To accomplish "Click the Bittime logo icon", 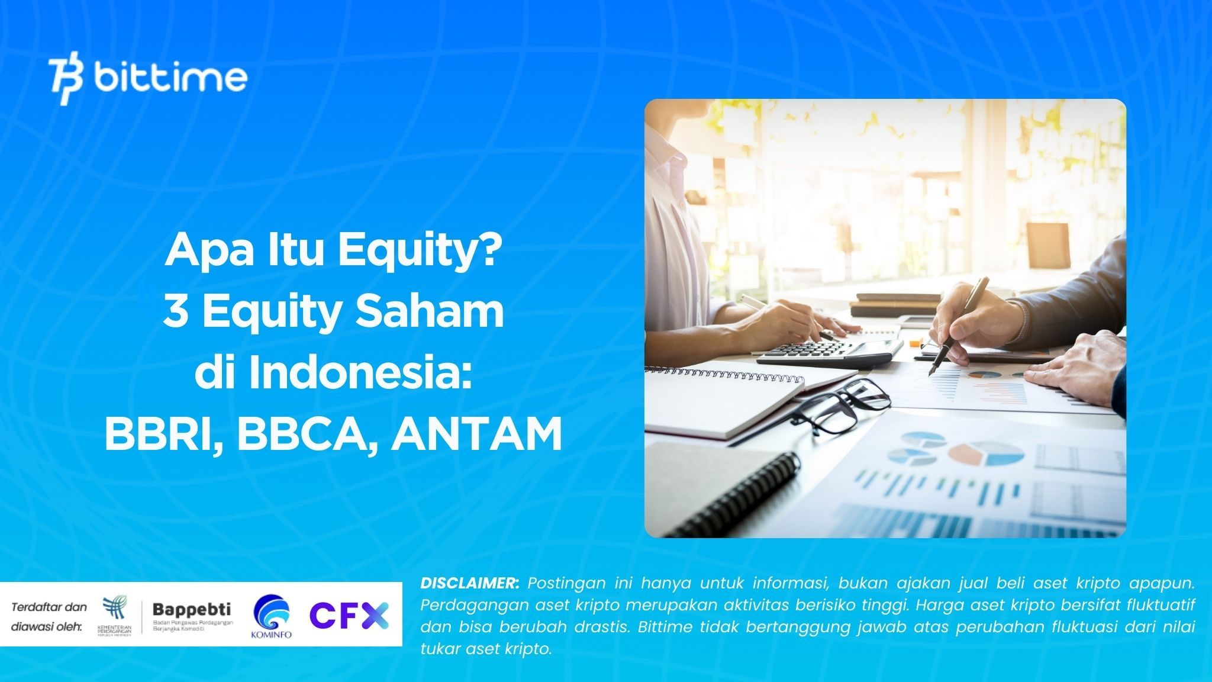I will pyautogui.click(x=66, y=81).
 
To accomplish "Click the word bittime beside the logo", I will pyautogui.click(x=170, y=77).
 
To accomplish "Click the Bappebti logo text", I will pyautogui.click(x=192, y=609).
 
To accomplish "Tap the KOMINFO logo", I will pyautogui.click(x=272, y=616).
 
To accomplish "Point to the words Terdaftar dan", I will pyautogui.click(x=49, y=607).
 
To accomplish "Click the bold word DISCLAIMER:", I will pyautogui.click(x=470, y=583).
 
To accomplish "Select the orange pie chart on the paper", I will pyautogui.click(x=971, y=453).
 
